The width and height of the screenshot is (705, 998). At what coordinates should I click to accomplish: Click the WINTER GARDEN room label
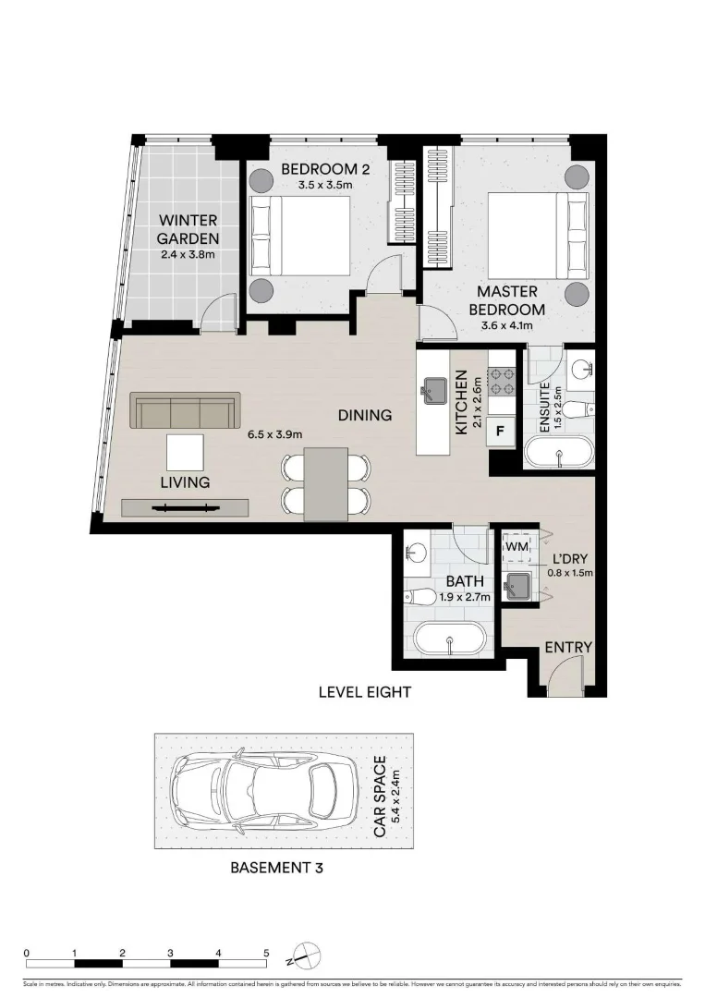(x=188, y=228)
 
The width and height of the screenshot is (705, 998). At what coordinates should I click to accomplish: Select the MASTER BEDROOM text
(x=507, y=301)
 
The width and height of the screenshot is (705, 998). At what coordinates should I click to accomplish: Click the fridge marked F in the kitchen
(x=501, y=431)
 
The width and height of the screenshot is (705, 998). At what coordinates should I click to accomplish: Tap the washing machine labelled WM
(x=516, y=547)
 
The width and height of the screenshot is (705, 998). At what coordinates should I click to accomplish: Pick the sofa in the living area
(x=185, y=409)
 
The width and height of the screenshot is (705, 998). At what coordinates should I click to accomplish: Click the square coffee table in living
(x=185, y=452)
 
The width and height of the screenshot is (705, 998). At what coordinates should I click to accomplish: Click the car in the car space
(x=264, y=790)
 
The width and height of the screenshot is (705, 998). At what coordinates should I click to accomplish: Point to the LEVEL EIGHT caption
(x=364, y=691)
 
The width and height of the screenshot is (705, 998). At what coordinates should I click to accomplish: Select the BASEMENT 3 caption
(x=277, y=868)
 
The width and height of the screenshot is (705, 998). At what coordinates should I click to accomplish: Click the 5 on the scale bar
(x=266, y=952)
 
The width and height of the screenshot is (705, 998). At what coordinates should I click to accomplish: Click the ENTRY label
(x=567, y=648)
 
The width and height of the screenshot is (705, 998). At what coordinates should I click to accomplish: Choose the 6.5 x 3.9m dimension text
(x=274, y=433)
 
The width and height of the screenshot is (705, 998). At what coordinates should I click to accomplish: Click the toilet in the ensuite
(x=578, y=408)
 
